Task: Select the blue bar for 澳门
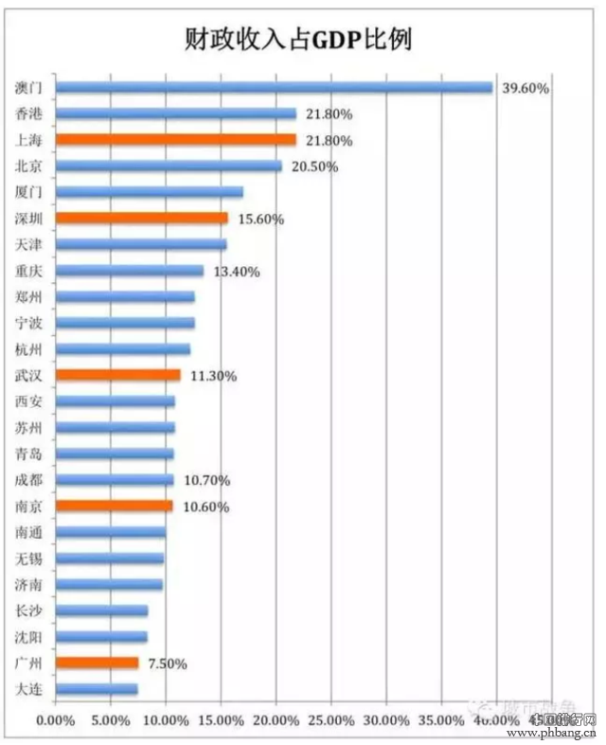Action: [x=274, y=87]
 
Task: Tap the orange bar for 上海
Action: [x=175, y=140]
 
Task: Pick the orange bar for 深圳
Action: [x=141, y=218]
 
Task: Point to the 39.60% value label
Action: [x=526, y=88]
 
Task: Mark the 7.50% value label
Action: [x=165, y=663]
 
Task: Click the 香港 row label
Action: [x=29, y=114]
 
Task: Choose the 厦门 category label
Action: [x=29, y=192]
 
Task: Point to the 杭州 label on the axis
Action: [x=29, y=349]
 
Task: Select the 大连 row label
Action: [x=29, y=689]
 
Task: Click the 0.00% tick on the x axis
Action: [x=54, y=720]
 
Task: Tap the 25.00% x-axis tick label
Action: [x=331, y=720]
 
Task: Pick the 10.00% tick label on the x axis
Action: [x=166, y=720]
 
